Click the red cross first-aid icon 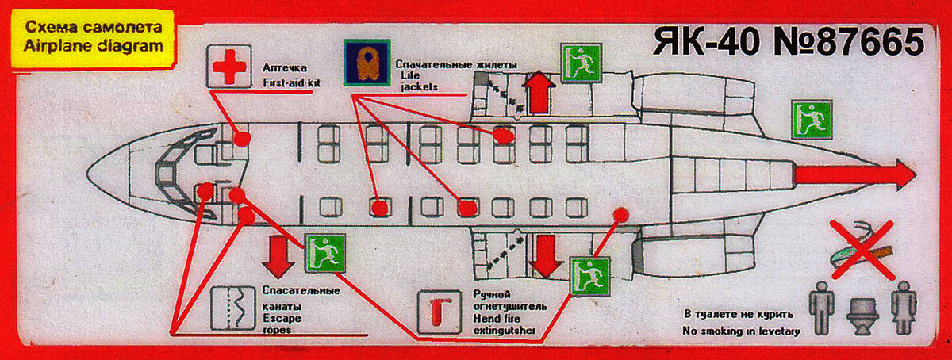coord(229,67)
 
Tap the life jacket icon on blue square coord(367,63)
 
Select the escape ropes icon coord(233,308)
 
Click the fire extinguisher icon coord(440,312)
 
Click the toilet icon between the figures coord(863,316)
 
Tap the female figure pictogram coord(904,308)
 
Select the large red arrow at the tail coord(855,174)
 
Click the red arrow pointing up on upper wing coord(539,92)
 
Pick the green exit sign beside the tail coord(812,120)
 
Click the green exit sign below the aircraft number coord(581,63)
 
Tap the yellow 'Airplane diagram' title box coord(93,38)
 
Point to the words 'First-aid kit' coord(292,82)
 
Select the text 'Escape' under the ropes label coord(282,318)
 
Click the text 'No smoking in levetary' coord(741,331)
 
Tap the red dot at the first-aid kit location coord(242,138)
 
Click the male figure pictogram coord(821,308)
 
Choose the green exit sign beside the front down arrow coord(325,253)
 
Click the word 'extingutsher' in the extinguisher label coord(504,330)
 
